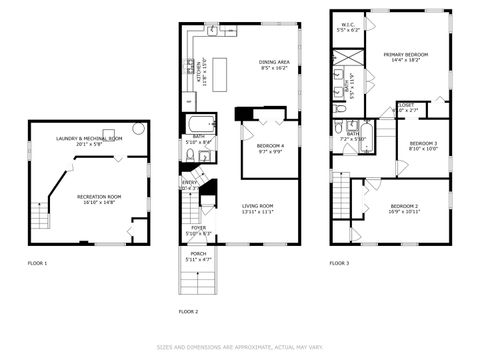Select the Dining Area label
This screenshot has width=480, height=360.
[x=274, y=65]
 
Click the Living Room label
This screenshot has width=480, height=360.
[x=257, y=209]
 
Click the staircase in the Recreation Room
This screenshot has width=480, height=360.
[x=40, y=218]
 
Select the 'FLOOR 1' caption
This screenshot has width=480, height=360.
[x=37, y=263]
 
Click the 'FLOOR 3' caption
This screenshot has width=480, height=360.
[x=339, y=263]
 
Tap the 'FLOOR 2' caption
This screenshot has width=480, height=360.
[x=188, y=311]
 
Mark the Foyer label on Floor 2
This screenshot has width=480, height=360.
[x=199, y=230]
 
